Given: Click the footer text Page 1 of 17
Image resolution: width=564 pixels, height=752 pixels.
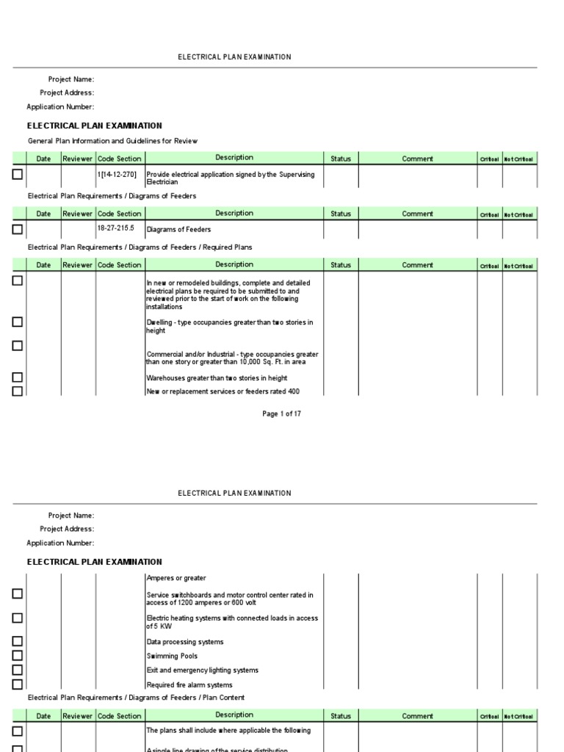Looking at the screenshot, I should coord(281,414).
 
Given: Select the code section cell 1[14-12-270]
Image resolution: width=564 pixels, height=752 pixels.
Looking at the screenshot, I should coord(117,174).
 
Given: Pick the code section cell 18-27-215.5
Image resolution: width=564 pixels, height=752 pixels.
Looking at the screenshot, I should coord(117,228).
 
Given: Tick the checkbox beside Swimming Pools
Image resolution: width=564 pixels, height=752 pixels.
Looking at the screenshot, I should coord(18,656).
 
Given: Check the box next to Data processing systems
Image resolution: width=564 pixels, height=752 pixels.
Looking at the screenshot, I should coord(18,642).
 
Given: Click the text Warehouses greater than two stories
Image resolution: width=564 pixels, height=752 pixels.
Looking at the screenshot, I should coord(217,378).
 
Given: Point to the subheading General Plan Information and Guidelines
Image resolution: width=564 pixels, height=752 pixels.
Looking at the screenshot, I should coord(112,141).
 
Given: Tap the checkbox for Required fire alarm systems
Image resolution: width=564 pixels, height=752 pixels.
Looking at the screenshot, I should coord(18,684).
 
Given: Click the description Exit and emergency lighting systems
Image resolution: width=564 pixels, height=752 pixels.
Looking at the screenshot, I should coord(202,670).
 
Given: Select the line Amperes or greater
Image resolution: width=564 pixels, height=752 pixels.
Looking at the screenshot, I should coord(176,579).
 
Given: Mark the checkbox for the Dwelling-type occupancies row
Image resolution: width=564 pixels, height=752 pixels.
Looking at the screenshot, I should coord(18,322).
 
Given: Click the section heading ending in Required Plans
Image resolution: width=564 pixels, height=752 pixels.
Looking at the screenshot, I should coord(140,247).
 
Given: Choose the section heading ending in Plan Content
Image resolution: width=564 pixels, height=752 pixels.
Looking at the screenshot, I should coord(136,698).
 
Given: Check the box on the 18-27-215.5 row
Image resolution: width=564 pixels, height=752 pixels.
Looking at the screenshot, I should coord(18,229).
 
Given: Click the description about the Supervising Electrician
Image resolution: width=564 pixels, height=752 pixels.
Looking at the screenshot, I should coord(231,178).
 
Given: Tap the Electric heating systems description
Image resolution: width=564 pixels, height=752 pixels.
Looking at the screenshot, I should coord(232,622).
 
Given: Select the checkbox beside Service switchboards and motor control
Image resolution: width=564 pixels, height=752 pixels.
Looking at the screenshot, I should coord(18,594).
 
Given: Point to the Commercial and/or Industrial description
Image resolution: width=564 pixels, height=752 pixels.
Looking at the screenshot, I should coord(232,358).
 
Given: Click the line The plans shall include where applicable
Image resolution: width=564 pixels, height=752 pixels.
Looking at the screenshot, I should coord(228,731).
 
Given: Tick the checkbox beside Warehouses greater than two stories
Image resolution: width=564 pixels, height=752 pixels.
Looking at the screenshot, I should coord(18,377).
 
